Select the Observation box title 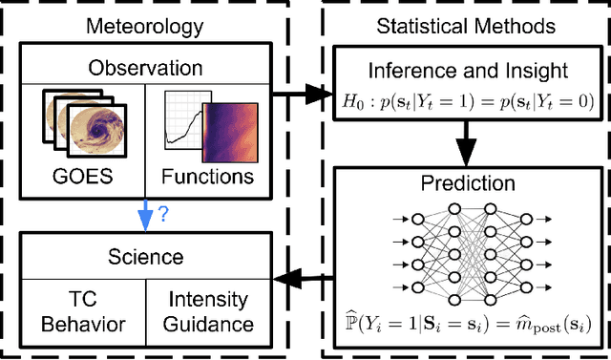click(x=146, y=68)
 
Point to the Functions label click(x=207, y=177)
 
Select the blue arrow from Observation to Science click(x=144, y=216)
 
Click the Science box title click(x=146, y=255)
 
